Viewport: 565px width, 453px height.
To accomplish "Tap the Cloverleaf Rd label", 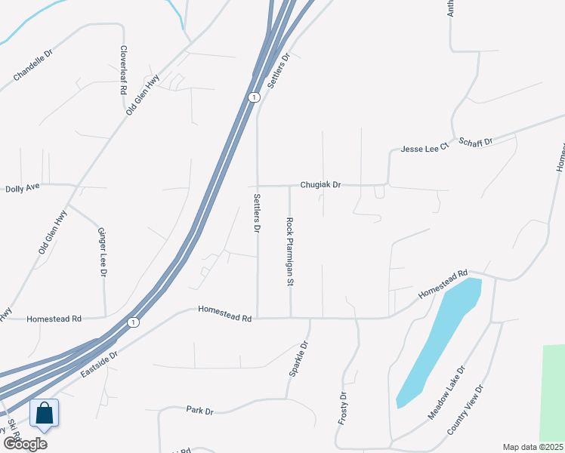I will tap(123, 69).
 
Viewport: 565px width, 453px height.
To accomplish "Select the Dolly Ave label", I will tap(21, 187).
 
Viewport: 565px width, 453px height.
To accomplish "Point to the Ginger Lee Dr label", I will tap(102, 251).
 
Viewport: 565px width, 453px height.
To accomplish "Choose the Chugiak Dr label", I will tap(320, 184).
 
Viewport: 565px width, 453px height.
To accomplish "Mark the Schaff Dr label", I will tap(477, 142).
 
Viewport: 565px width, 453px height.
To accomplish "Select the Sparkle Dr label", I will tap(298, 360).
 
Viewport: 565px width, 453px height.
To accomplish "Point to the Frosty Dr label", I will tap(343, 407).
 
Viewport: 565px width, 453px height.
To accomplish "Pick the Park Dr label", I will tap(200, 410).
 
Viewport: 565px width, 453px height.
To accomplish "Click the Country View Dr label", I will tap(465, 410).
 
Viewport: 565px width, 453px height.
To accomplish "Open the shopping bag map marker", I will tap(45, 413).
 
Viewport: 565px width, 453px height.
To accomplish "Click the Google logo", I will tap(25, 443).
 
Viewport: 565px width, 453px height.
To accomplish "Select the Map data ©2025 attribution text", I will tap(533, 447).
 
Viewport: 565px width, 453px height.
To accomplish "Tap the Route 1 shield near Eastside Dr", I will tap(134, 322).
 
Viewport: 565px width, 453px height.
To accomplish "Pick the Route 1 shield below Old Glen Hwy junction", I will tap(254, 97).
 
